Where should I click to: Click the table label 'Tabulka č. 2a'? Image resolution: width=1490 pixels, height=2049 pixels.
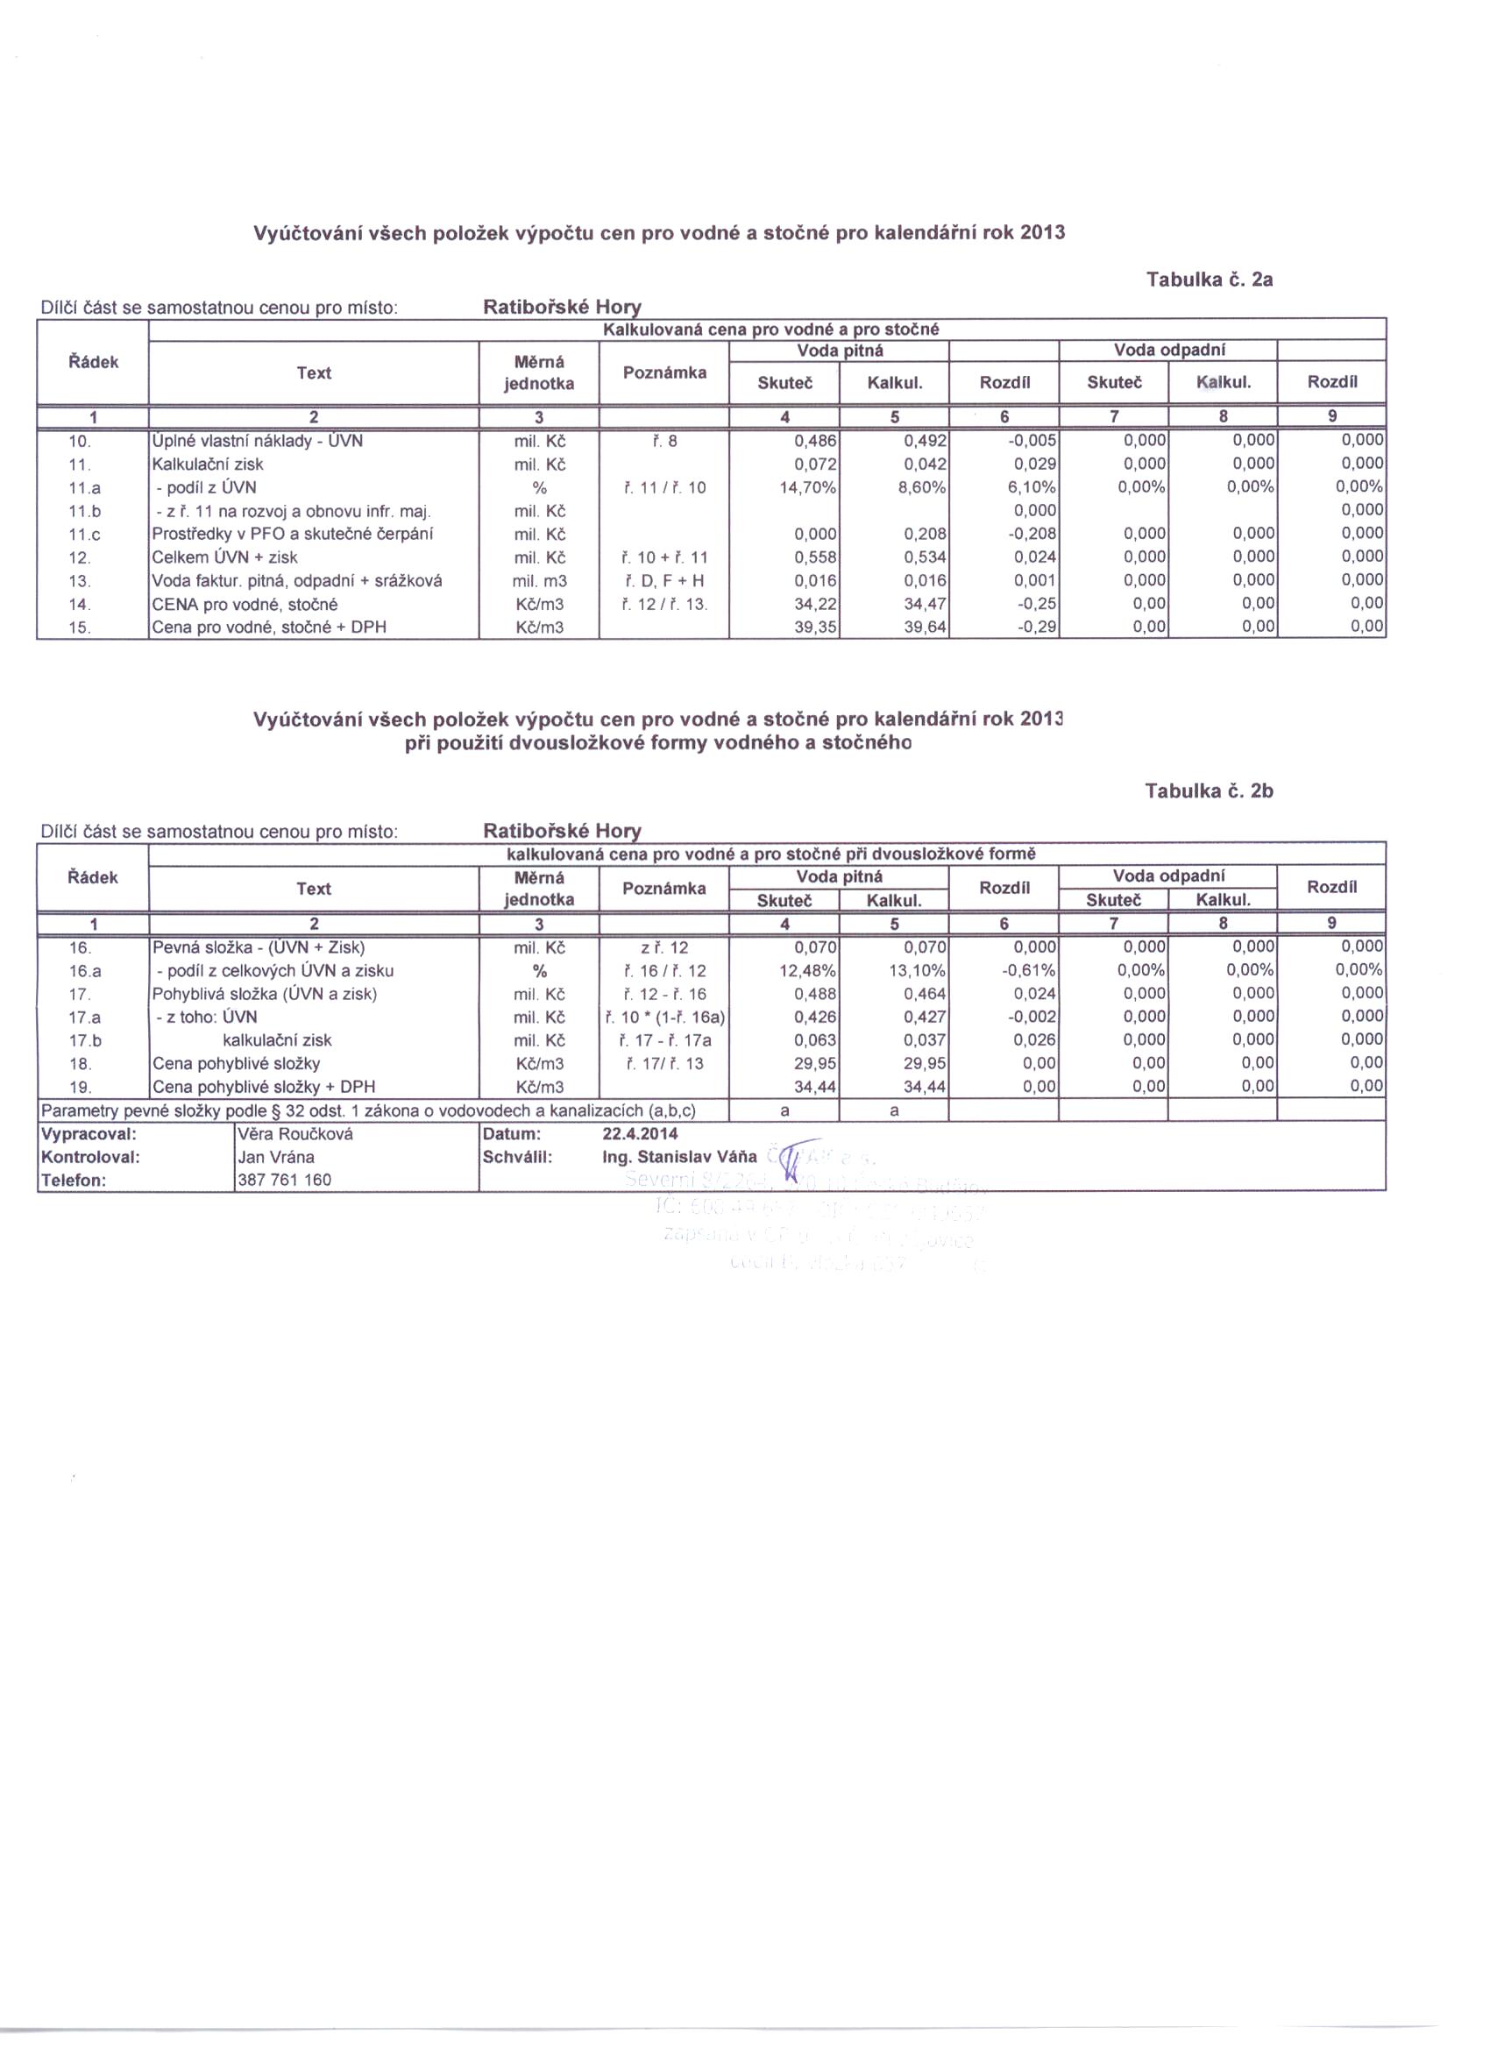coord(1209,280)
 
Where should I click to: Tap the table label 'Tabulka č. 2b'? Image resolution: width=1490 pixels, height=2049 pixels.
coord(1209,791)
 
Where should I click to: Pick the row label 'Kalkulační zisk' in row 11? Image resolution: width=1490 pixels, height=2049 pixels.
coord(208,464)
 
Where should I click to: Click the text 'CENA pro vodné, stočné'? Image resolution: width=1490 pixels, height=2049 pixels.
coord(245,605)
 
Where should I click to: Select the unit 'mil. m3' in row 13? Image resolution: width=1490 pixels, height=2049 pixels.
coord(539,581)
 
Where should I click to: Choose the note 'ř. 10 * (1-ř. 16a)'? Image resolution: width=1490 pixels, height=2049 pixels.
coord(664,1017)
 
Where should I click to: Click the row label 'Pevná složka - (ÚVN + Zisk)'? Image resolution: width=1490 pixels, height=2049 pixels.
coord(259,947)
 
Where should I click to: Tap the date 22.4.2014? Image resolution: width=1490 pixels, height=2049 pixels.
coord(640,1134)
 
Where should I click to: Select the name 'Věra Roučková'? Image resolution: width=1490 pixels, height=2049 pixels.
coord(295,1134)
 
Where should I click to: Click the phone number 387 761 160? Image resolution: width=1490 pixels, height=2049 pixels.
coord(285,1180)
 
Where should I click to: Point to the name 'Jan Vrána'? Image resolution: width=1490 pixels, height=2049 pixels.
coord(276,1158)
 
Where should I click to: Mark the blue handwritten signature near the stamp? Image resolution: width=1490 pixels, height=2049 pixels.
coord(792,1161)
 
